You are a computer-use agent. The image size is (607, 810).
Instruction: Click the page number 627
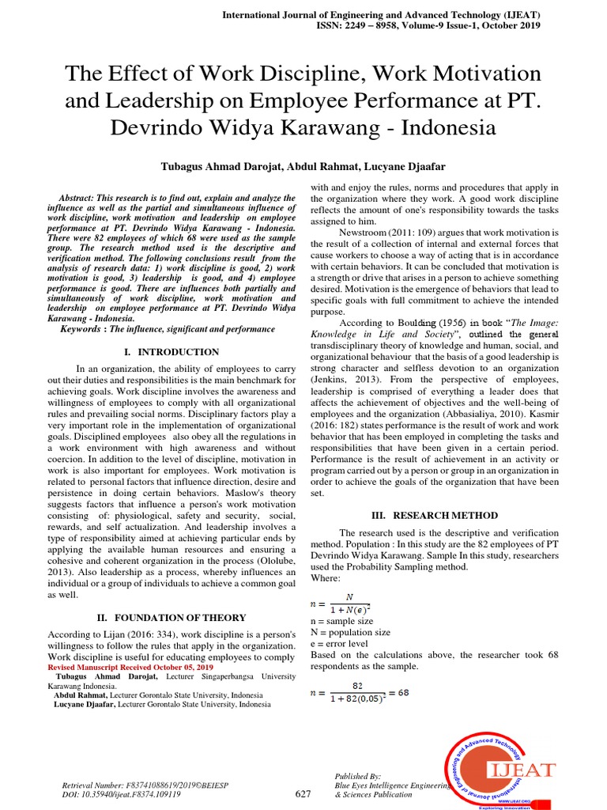click(303, 794)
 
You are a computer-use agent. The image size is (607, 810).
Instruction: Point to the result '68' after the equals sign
click(403, 693)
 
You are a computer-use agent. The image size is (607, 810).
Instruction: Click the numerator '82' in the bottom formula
click(357, 686)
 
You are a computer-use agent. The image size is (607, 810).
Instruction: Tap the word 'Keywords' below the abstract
click(82, 328)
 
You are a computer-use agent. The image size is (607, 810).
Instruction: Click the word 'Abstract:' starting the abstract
click(82, 197)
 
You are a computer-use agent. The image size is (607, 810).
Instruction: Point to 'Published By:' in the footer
click(358, 777)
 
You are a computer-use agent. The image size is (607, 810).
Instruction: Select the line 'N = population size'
click(350, 632)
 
